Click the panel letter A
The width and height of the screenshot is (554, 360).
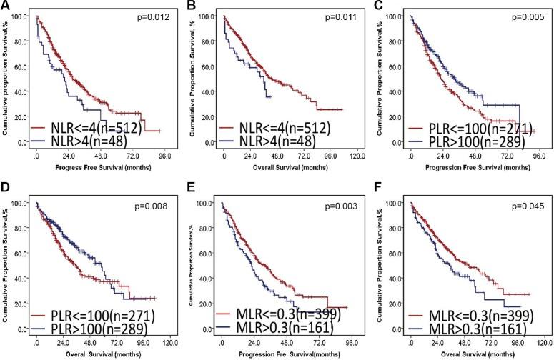[x=6, y=6]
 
